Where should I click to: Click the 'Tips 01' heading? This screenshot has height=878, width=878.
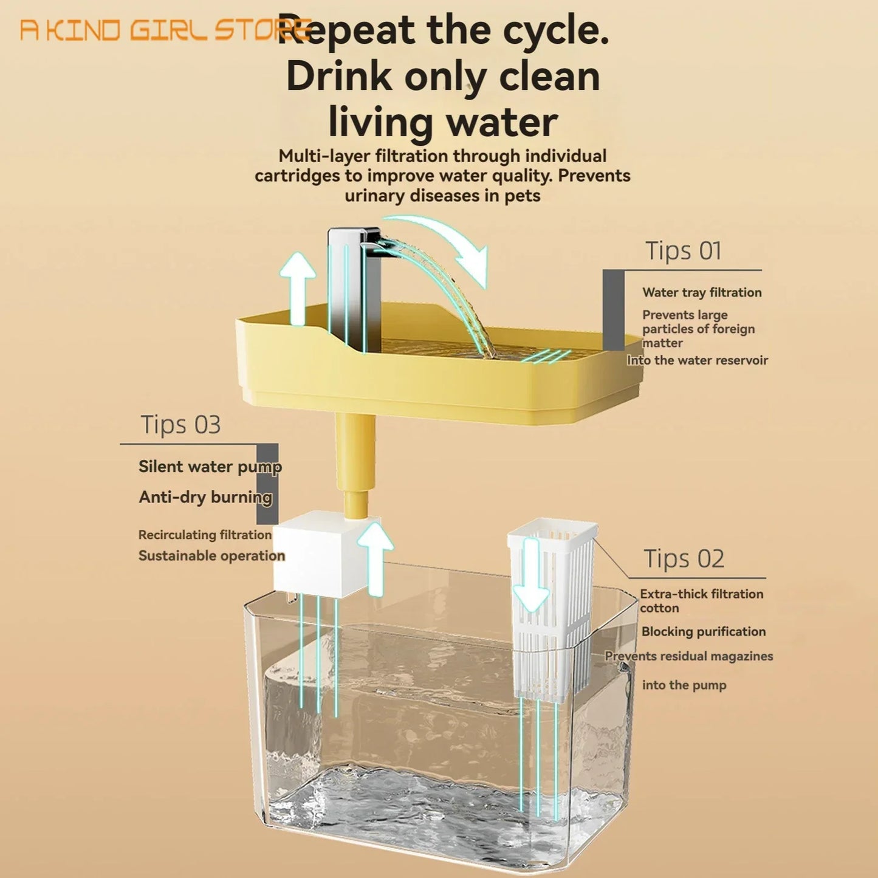tap(683, 250)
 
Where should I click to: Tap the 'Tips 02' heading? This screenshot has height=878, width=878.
tap(684, 558)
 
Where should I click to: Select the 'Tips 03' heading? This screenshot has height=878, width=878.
tap(180, 425)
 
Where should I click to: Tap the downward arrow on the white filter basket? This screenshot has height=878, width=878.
tap(531, 574)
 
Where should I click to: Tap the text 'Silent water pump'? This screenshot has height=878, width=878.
tap(210, 467)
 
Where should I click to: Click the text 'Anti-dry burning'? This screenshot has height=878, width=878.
tap(205, 497)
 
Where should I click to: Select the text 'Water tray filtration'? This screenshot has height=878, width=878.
tap(702, 292)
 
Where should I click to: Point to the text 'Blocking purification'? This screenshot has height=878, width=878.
tap(703, 631)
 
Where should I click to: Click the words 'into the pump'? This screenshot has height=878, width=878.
tap(684, 685)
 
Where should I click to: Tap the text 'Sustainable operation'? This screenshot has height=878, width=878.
tap(211, 555)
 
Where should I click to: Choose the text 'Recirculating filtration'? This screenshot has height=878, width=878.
tap(205, 535)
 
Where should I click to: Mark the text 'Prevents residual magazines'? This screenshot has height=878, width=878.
tap(688, 656)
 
